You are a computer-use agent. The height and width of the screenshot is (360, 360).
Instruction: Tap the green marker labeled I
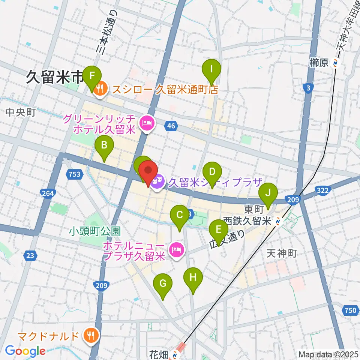click(211, 69)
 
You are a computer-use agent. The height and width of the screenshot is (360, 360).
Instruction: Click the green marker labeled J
click(268, 193)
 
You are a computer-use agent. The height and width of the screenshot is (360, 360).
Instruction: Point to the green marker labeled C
click(180, 216)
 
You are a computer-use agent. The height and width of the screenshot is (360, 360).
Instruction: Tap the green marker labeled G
click(163, 284)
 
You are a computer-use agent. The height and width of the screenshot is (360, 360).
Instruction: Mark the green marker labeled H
click(193, 278)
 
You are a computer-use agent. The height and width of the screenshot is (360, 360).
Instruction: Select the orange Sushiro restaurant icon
click(100, 89)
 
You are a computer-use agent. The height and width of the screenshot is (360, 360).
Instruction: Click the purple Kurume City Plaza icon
click(158, 181)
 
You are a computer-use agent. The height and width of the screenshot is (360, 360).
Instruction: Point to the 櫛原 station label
click(319, 63)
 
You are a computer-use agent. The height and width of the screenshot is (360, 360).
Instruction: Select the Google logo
click(25, 351)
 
